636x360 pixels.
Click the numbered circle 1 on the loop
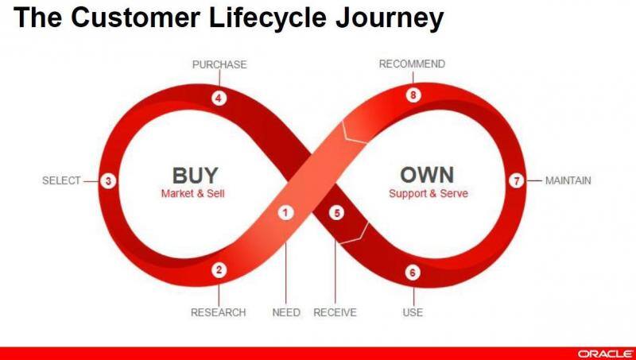click(285, 212)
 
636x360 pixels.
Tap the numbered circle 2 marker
click(220, 270)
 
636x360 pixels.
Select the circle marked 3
click(109, 181)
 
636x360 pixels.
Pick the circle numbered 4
click(219, 99)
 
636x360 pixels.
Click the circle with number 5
click(336, 213)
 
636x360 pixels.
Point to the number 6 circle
click(412, 273)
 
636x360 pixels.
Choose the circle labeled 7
click(516, 181)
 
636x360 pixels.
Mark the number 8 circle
click(412, 95)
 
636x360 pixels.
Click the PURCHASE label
click(219, 64)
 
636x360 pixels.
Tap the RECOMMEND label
click(412, 64)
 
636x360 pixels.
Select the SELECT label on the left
click(61, 181)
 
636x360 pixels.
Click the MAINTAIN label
click(568, 181)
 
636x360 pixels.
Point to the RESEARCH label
click(218, 312)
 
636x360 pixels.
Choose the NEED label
click(286, 312)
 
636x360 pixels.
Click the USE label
click(413, 312)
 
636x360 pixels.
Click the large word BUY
click(194, 175)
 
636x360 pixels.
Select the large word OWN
click(427, 175)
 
